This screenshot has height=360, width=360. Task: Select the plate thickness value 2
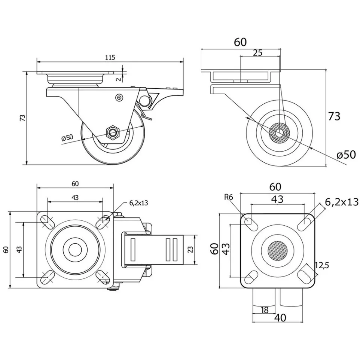pyautogui.click(x=118, y=79)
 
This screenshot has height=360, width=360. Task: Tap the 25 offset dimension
pyautogui.click(x=257, y=53)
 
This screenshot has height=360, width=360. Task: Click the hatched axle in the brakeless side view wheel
pyautogui.click(x=279, y=133)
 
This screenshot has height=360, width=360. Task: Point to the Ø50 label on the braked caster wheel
pyautogui.click(x=67, y=137)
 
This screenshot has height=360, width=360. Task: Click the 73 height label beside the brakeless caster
pyautogui.click(x=334, y=116)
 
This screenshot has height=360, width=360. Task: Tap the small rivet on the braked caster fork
pyautogui.click(x=119, y=98)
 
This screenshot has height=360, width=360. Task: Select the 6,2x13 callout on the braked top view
pyautogui.click(x=139, y=203)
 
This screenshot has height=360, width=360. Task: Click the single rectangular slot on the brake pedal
pyautogui.click(x=132, y=248)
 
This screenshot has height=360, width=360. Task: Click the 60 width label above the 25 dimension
pyautogui.click(x=240, y=42)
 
